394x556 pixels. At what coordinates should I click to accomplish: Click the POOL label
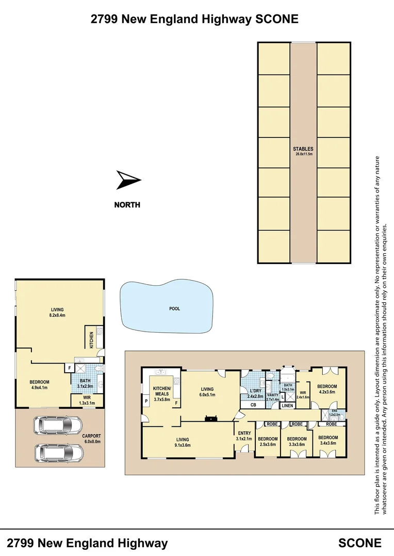tap(174, 309)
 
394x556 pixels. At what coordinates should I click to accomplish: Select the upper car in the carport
tap(57, 426)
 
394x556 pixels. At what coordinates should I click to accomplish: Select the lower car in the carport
tap(57, 453)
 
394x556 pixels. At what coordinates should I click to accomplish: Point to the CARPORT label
tap(91, 436)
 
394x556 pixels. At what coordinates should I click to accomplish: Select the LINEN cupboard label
tap(287, 406)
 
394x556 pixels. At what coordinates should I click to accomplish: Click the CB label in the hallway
tap(253, 406)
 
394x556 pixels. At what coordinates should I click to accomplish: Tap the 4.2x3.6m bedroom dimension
tap(327, 392)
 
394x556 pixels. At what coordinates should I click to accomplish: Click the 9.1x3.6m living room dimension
tap(186, 445)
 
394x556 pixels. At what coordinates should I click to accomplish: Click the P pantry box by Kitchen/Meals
tap(145, 401)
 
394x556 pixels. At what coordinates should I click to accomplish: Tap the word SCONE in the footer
tap(359, 543)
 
